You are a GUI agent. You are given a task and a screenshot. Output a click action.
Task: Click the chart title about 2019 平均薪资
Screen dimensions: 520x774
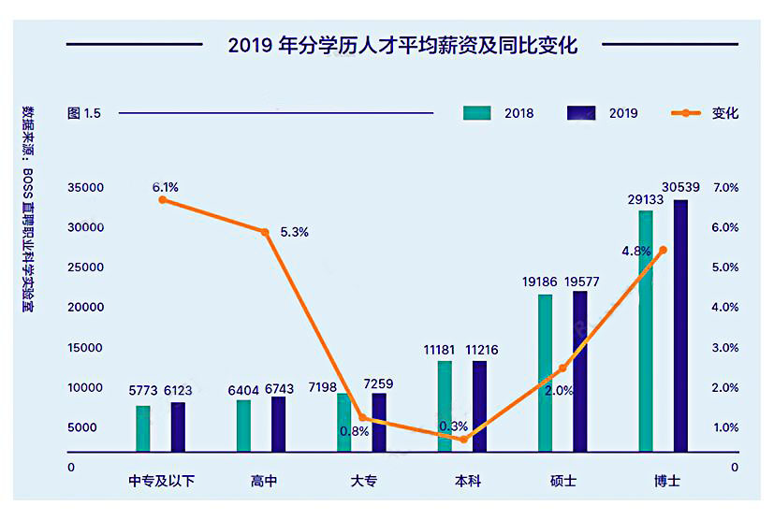(402, 44)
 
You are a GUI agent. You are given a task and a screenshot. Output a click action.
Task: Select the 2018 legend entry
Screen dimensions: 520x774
(499, 113)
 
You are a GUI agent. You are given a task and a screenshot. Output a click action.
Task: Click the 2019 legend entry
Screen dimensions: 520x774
(603, 113)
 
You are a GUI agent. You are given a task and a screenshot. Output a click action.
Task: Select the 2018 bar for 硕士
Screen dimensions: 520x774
(545, 373)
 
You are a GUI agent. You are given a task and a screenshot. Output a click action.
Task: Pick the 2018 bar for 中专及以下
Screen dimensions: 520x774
(142, 428)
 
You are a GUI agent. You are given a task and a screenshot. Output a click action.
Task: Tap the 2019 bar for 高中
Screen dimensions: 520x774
(278, 425)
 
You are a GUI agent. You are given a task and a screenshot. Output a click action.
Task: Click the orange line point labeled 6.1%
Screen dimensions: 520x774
(163, 199)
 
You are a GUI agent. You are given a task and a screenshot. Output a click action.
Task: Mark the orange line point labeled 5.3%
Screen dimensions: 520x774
(265, 232)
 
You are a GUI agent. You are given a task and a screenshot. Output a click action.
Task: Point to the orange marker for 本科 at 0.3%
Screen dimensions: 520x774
(463, 439)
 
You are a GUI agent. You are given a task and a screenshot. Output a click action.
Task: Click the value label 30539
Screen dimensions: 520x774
(679, 187)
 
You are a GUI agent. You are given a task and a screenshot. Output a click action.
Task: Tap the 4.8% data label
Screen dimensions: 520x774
(635, 251)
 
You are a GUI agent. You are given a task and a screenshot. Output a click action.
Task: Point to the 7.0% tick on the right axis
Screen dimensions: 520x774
(725, 188)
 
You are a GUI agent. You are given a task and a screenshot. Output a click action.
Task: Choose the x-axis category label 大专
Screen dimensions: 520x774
(363, 481)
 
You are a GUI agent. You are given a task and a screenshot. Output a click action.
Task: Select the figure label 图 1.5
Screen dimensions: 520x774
(83, 113)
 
